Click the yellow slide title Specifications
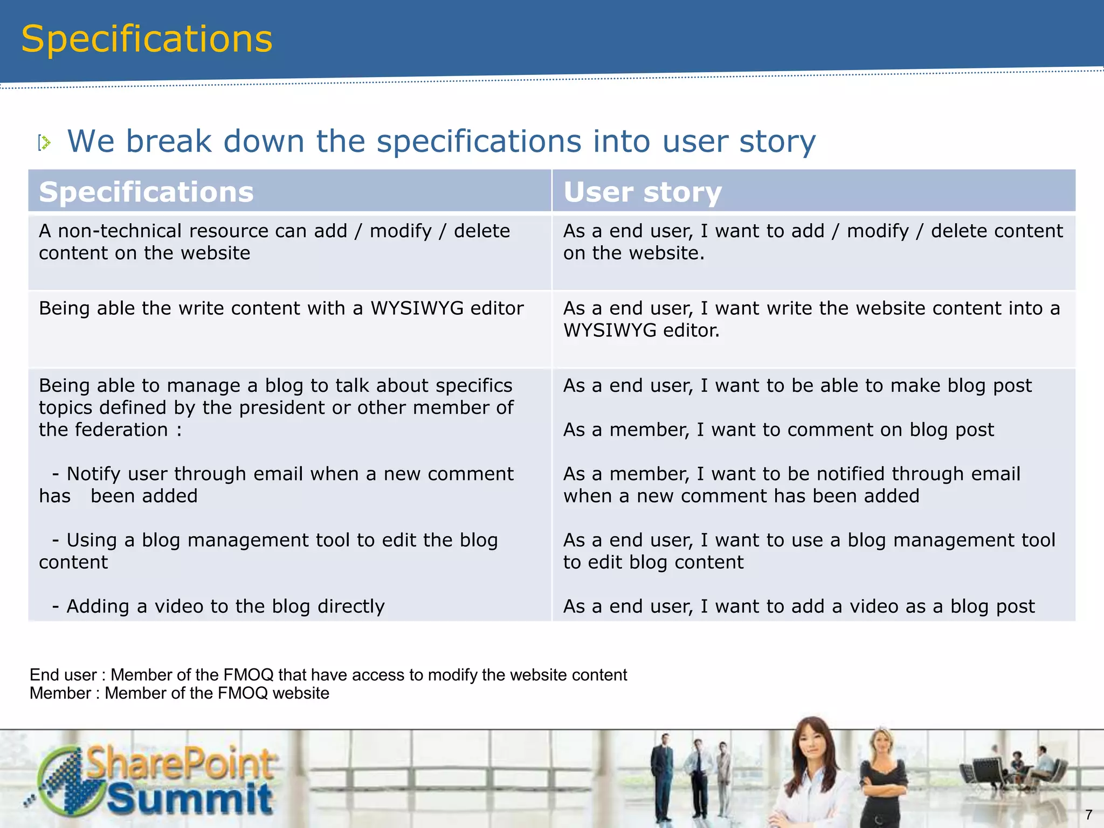click(147, 39)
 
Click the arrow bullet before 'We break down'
click(45, 143)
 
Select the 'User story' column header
click(642, 192)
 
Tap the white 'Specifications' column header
click(146, 192)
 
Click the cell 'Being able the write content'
click(281, 308)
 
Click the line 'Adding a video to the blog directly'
click(225, 606)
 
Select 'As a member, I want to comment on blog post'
click(778, 430)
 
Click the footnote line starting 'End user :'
click(328, 675)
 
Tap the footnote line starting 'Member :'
click(179, 693)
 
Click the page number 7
click(1088, 815)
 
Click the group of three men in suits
click(693, 776)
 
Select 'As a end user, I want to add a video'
click(799, 606)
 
